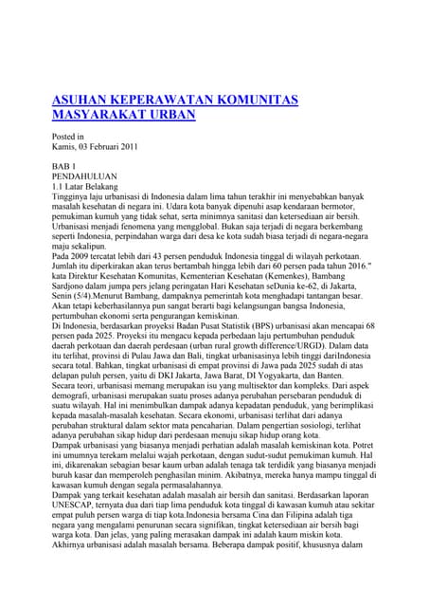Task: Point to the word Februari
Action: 91,147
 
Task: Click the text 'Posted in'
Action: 66,137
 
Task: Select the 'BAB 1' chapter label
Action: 63,167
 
